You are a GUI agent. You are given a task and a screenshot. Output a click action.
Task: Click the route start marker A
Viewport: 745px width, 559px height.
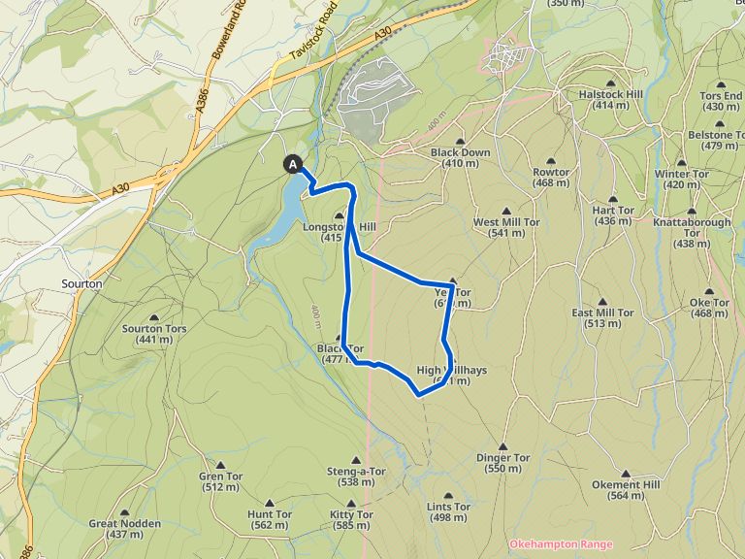coord(293,165)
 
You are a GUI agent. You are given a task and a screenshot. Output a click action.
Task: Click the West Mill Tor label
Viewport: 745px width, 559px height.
coord(506,222)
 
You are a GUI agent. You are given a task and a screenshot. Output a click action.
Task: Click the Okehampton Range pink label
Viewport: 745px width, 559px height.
coord(561,545)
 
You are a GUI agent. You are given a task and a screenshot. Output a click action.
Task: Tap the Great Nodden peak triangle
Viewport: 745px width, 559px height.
coord(124,511)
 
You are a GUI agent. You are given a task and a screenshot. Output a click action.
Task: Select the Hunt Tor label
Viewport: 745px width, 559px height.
coord(270,513)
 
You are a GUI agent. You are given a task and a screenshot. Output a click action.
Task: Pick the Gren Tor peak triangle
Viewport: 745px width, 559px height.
coord(220,464)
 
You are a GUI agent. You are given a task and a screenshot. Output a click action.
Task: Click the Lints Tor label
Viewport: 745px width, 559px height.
coord(448,507)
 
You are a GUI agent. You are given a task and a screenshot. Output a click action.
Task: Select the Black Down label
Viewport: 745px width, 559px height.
coord(460,152)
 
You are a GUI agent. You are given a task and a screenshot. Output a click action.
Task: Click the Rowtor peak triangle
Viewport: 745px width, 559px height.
coord(551,160)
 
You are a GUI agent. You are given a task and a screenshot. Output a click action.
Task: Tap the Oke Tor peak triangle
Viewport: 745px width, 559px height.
coord(708,289)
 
